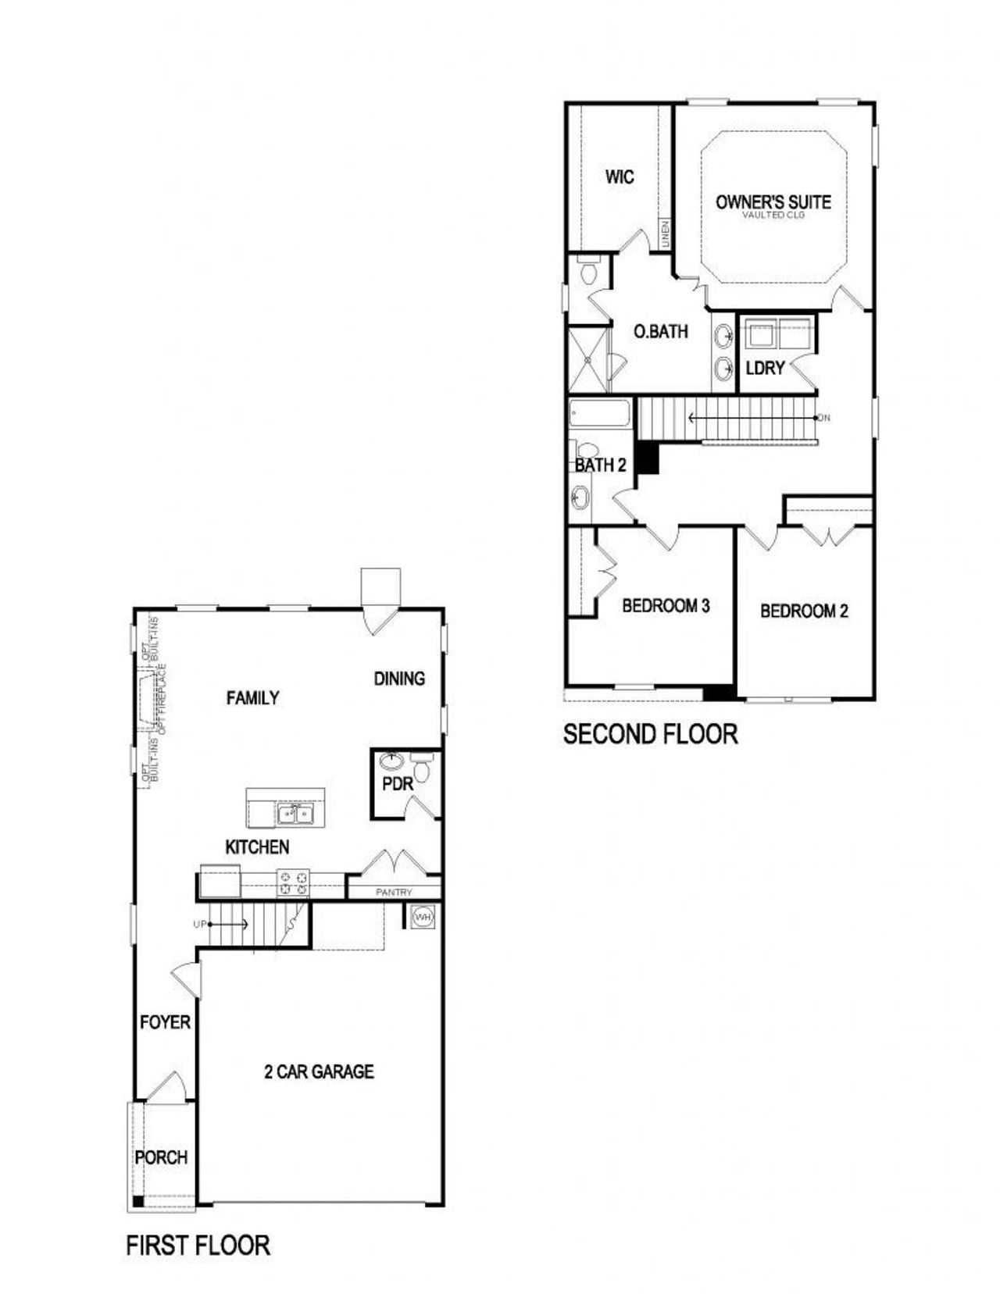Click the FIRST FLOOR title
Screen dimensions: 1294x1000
click(198, 1245)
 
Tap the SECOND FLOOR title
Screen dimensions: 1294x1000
click(650, 734)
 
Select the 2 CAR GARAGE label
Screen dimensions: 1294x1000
click(319, 1072)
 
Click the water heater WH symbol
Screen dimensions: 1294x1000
click(423, 916)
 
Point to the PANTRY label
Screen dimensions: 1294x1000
click(394, 892)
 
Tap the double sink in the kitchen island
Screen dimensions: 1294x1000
click(296, 815)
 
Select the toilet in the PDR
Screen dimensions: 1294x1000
click(423, 768)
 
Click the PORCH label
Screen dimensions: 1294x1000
click(161, 1157)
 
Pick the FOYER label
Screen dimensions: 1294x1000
click(165, 1022)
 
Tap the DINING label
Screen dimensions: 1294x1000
click(399, 679)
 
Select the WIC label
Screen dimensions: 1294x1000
click(620, 177)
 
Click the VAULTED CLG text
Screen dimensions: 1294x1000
click(773, 215)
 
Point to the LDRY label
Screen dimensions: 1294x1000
click(765, 368)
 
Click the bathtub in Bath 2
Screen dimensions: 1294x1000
click(599, 413)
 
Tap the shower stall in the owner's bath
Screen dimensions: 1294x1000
click(587, 360)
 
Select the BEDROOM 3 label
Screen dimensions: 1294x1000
click(666, 606)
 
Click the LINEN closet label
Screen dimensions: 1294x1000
click(666, 234)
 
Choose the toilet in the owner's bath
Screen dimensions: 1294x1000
click(589, 273)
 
